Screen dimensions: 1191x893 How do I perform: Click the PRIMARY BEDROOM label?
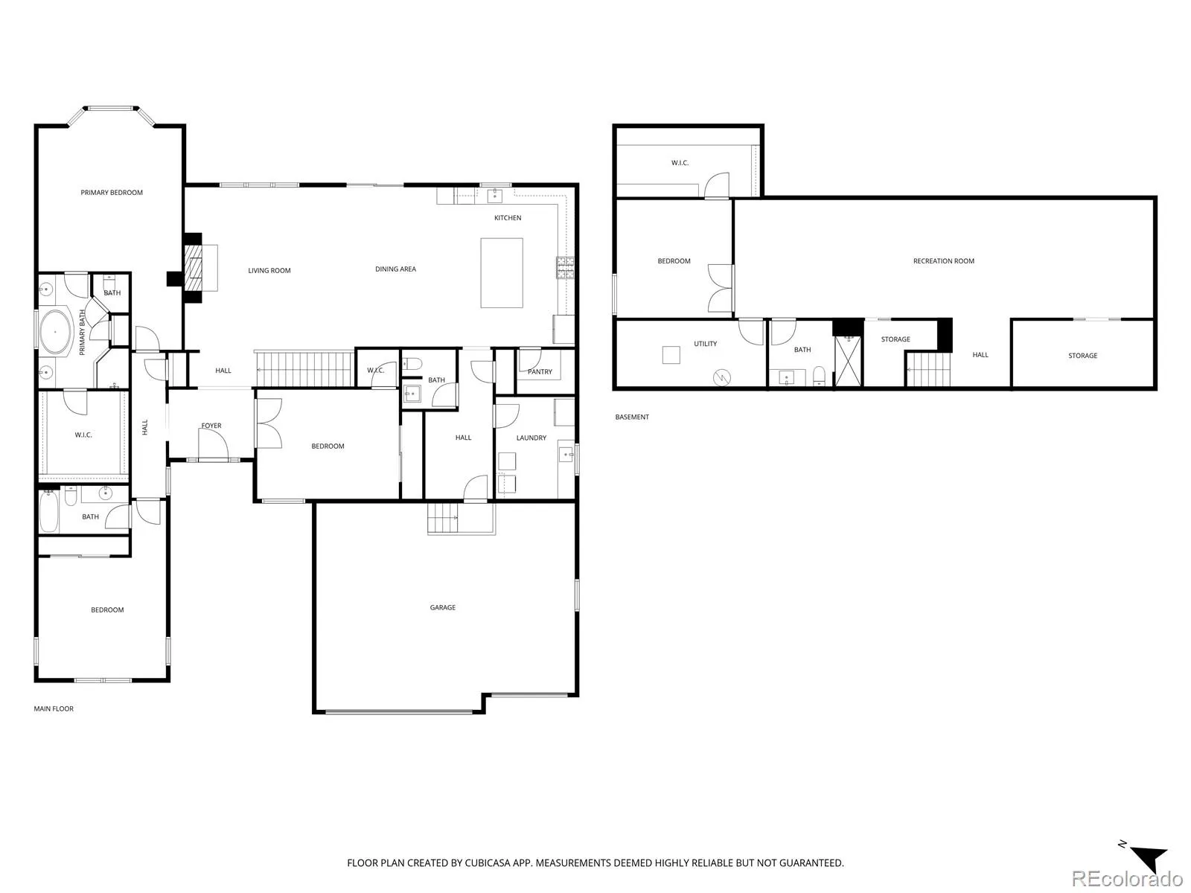point(112,193)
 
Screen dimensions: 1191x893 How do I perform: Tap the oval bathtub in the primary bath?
point(55,332)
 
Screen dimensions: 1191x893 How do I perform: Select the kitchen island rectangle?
point(502,272)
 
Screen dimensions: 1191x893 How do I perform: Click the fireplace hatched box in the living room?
point(194,268)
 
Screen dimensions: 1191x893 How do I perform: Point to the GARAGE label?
point(443,607)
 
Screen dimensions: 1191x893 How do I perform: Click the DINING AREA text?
point(395,269)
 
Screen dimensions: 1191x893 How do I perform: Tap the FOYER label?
point(211,426)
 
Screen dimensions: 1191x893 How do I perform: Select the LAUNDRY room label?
point(531,438)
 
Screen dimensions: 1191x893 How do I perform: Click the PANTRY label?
point(540,371)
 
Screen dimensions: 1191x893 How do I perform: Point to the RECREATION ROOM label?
point(944,260)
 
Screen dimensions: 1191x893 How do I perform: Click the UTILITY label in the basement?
point(706,344)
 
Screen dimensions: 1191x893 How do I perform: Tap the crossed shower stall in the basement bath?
point(848,361)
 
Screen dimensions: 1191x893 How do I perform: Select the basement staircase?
point(929,369)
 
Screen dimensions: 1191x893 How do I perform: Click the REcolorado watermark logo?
point(1127,878)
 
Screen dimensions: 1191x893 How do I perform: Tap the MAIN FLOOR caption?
point(54,708)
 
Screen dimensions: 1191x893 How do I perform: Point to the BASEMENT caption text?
point(632,417)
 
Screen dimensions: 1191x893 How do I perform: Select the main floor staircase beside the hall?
point(304,369)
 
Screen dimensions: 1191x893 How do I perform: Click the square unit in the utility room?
point(671,355)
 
